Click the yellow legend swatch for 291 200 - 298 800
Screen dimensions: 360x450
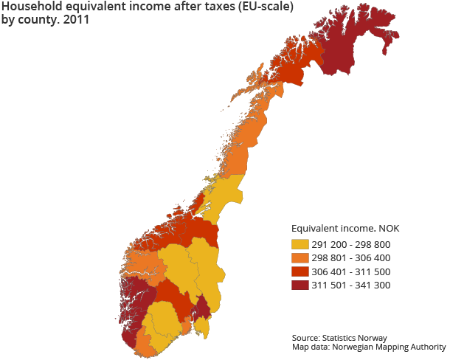click(300, 245)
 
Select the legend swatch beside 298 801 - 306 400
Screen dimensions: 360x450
click(300, 258)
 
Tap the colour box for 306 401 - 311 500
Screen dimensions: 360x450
click(300, 271)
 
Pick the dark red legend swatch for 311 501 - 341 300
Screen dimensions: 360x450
click(300, 285)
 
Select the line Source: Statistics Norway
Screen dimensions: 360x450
click(339, 337)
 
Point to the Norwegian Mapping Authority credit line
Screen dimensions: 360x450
click(369, 347)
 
